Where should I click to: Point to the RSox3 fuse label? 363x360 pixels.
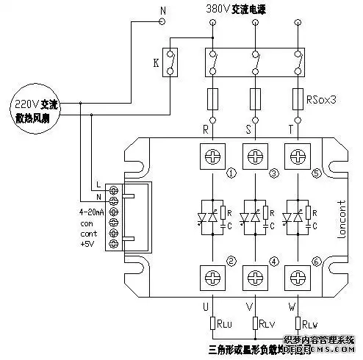click(321, 96)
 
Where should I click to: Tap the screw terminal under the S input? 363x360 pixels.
click(255, 156)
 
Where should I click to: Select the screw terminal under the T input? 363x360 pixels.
click(297, 156)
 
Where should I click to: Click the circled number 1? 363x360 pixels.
click(231, 174)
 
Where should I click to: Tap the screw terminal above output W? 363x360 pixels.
click(297, 278)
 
